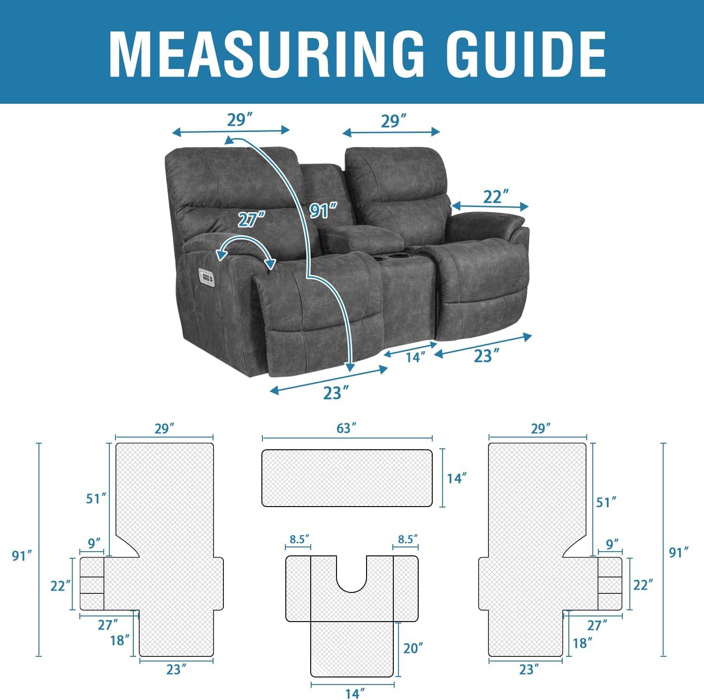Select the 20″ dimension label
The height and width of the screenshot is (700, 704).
(413, 648)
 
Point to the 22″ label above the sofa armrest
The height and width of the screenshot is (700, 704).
(493, 197)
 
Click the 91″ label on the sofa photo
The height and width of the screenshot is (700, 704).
(323, 211)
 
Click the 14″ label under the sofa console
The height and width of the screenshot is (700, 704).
(415, 357)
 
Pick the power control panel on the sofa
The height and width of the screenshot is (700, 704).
(207, 277)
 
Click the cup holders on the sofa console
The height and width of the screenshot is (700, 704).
(402, 256)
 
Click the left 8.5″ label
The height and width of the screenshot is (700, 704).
(300, 539)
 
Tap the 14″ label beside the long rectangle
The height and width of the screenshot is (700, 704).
(457, 478)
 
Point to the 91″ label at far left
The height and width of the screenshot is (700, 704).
(22, 555)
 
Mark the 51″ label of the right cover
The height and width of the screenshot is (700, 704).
(606, 502)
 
